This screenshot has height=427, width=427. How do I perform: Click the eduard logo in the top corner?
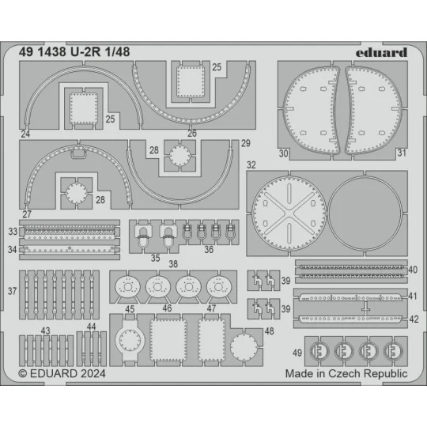tap(381, 52)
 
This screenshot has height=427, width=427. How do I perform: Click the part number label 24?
tap(26, 135)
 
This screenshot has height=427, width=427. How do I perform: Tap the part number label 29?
tap(246, 142)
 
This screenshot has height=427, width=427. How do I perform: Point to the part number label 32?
tap(251, 165)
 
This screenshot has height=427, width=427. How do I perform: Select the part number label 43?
tap(47, 331)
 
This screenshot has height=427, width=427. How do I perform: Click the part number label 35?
tap(155, 258)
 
